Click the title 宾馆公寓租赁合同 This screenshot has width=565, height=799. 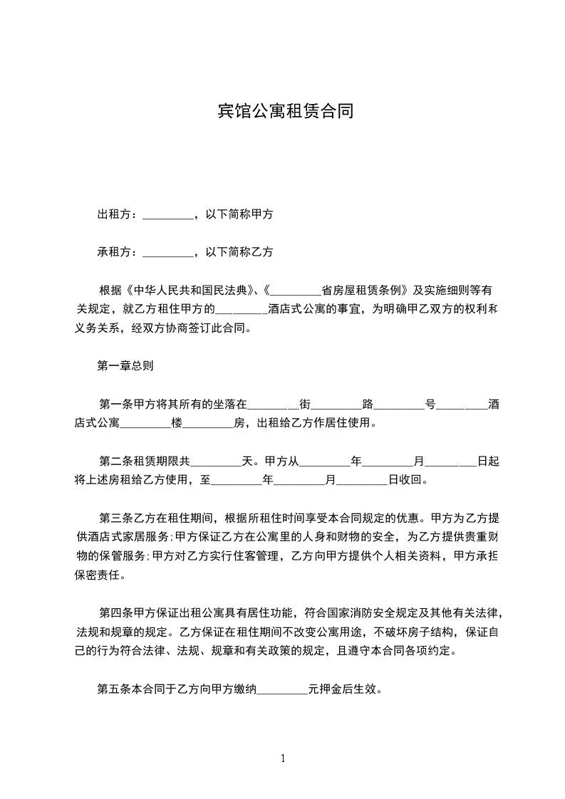[285, 112]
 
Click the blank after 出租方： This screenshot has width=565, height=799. [168, 214]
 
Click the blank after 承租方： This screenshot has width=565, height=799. [168, 252]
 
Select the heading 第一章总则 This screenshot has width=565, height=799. [125, 367]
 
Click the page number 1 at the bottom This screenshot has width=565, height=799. [283, 758]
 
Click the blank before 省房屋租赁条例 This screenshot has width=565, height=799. [296, 291]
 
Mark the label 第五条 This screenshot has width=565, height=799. [112, 689]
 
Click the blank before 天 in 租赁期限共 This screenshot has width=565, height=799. [217, 461]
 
